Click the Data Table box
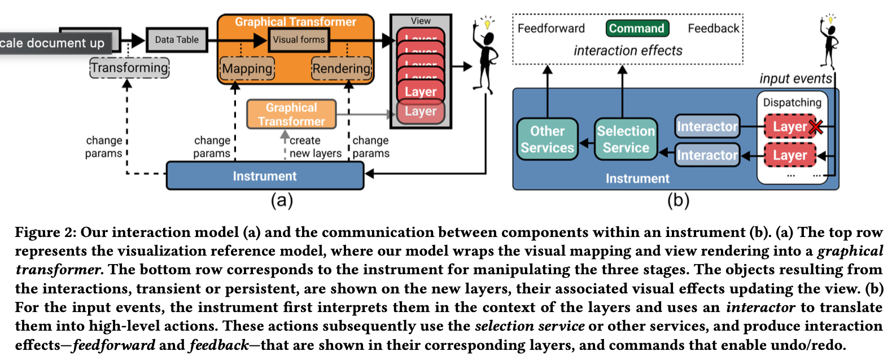(177, 40)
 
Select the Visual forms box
(299, 40)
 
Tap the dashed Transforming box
(129, 68)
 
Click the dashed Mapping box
(247, 69)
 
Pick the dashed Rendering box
(342, 69)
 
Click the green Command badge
(637, 28)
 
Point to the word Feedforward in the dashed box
(551, 28)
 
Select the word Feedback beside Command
(713, 28)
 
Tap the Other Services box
(547, 139)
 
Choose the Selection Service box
(626, 139)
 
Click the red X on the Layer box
(815, 127)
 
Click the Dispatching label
(792, 102)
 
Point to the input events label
(795, 78)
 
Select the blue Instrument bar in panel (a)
(265, 176)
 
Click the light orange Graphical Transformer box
(291, 114)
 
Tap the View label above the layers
(421, 21)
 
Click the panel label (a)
(282, 200)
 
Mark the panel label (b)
(678, 200)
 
